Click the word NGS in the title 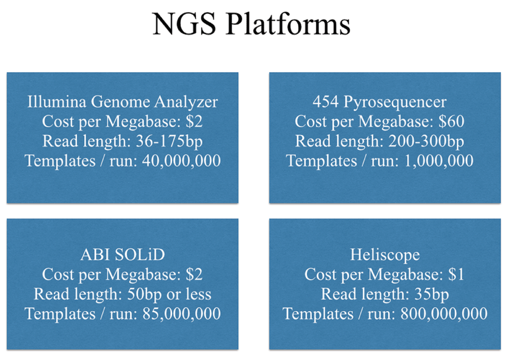tap(184, 24)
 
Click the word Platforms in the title tap(288, 24)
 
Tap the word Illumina tap(57, 102)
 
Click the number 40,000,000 tap(181, 161)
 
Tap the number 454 tap(325, 102)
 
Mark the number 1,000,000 tap(439, 161)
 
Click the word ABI tap(94, 255)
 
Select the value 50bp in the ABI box tap(144, 295)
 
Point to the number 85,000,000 tap(181, 314)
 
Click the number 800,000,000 tap(444, 314)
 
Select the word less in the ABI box tap(198, 294)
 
